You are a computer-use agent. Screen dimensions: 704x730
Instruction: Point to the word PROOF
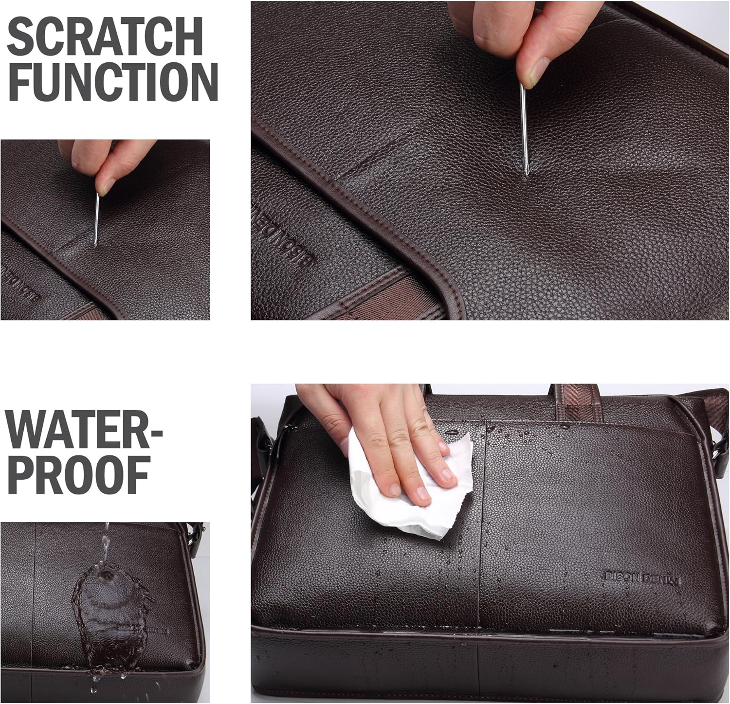point(78,475)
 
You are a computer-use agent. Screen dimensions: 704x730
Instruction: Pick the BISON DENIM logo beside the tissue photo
point(642,578)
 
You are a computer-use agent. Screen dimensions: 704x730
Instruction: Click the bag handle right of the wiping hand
point(574,397)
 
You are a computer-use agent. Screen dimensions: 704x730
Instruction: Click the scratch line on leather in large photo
point(375,156)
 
